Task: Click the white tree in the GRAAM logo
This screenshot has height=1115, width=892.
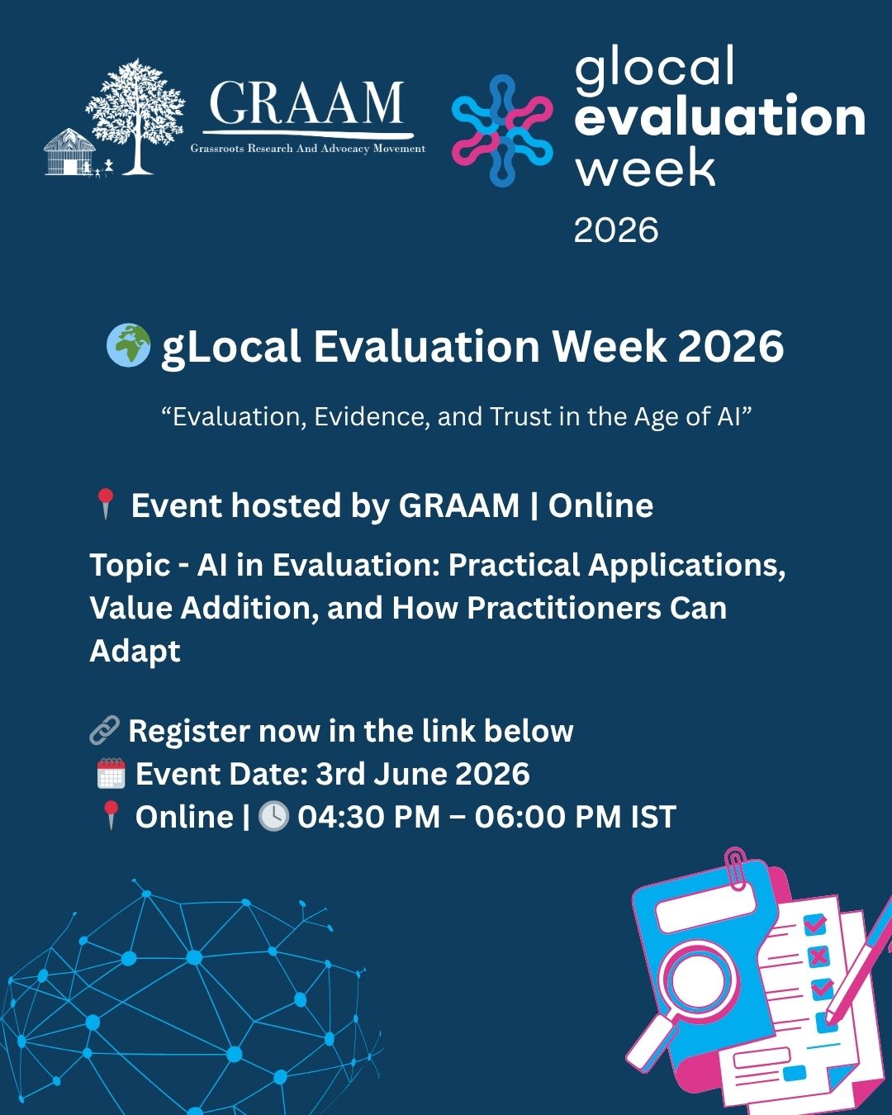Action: (135, 116)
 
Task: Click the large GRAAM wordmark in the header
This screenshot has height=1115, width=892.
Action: (306, 102)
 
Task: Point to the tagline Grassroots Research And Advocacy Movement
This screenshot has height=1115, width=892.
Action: (308, 148)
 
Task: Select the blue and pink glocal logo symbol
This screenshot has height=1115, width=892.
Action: (501, 130)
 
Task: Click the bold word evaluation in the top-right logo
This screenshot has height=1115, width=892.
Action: (720, 116)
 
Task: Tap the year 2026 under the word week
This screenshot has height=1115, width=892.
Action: (616, 230)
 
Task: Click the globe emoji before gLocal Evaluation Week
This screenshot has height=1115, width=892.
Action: (129, 345)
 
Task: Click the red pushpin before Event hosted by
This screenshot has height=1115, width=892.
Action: (107, 504)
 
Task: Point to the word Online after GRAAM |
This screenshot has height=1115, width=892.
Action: (600, 505)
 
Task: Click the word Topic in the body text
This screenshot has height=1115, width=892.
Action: (130, 566)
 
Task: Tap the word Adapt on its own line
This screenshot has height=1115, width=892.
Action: (135, 652)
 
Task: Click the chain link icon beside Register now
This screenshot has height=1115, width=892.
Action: (105, 731)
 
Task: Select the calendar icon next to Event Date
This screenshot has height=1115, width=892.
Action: (111, 774)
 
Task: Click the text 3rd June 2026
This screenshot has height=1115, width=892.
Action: (422, 774)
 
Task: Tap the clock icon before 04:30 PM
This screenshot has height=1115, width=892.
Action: (273, 817)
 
